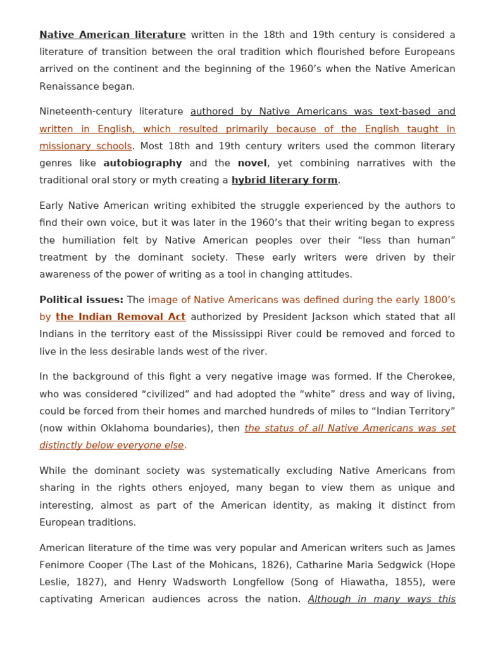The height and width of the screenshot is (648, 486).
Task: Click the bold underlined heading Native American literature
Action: (x=113, y=35)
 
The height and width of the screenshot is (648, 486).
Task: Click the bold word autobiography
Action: (x=142, y=163)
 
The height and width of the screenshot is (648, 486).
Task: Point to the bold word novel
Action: (x=252, y=163)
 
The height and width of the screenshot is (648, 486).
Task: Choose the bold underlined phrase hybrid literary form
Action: (x=284, y=180)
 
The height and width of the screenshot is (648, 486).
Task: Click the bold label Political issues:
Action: (x=81, y=299)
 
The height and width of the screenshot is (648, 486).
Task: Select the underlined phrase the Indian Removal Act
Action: (x=120, y=316)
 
